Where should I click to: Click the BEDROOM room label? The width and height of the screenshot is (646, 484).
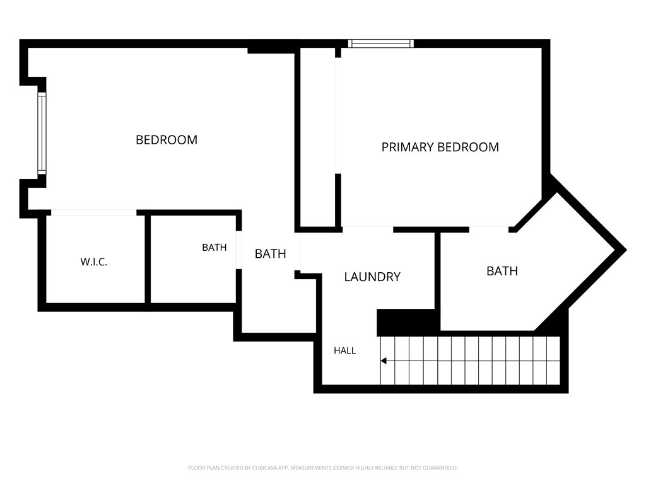point(167,140)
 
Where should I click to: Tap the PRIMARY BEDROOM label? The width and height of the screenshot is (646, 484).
point(440,147)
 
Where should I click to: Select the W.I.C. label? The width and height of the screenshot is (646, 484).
point(94,262)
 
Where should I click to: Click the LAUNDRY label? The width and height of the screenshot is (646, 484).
point(372,277)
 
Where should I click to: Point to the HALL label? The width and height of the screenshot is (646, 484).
point(345,350)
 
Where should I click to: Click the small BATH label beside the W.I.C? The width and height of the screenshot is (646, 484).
point(214,247)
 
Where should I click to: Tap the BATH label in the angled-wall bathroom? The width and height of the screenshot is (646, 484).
point(502,271)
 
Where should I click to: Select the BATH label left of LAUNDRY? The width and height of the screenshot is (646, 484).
point(270,253)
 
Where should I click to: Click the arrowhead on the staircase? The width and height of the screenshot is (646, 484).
point(383,361)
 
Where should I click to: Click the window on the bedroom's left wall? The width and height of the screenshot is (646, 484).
point(42,133)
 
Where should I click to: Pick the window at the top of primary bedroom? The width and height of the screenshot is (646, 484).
point(380,43)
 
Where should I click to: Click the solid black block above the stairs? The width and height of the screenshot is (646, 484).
point(406,323)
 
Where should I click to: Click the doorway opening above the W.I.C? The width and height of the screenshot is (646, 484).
point(94,212)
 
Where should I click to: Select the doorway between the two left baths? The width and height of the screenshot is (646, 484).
point(238,250)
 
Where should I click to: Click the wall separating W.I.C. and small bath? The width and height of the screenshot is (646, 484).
point(148,259)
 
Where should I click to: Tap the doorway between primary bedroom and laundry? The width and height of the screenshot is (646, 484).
point(368,229)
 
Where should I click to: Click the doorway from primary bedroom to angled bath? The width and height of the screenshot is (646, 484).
point(489,229)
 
